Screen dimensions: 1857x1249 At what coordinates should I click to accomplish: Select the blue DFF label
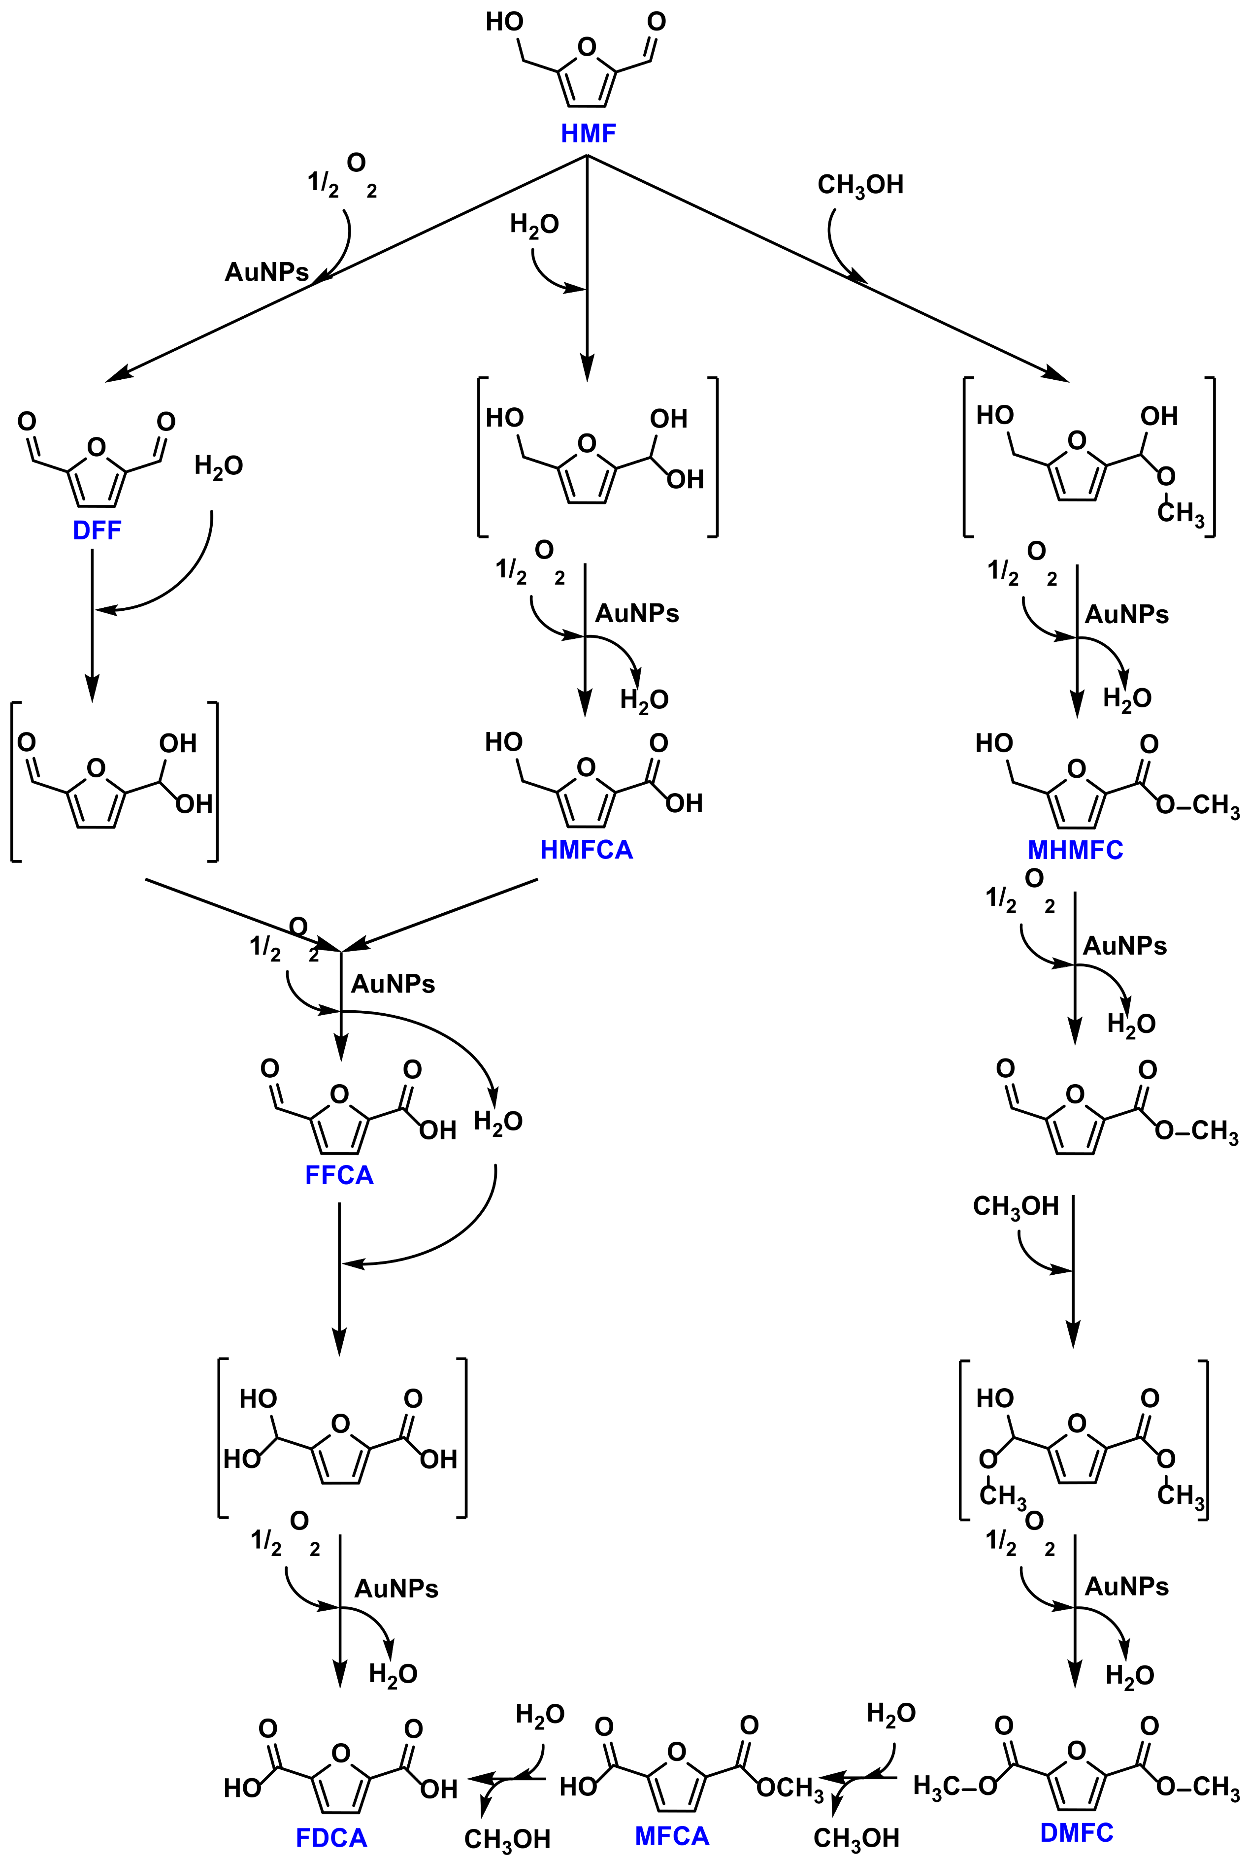coord(97,531)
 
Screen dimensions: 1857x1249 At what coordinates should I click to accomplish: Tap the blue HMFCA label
coord(586,850)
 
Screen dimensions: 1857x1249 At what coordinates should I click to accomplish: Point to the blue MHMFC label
coord(1075,850)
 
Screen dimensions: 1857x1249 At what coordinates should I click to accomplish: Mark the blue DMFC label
coord(1076,1832)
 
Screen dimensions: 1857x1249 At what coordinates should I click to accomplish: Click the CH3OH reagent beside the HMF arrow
coord(860,185)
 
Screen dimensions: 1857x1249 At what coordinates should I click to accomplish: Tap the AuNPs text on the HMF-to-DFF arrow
coord(266,272)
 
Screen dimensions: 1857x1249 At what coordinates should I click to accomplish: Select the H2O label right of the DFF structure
coord(218,466)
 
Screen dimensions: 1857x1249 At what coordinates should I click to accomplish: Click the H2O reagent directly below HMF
coord(534,225)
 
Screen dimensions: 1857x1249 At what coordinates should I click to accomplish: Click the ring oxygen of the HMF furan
coord(587,48)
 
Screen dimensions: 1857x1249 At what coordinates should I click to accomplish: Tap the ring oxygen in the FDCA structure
coord(341,1753)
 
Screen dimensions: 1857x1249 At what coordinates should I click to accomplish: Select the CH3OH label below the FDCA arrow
coord(507,1839)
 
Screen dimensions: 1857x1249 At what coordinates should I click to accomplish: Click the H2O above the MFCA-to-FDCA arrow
coord(540,1714)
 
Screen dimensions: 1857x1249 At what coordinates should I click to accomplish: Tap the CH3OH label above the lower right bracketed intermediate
coord(1016,1206)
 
